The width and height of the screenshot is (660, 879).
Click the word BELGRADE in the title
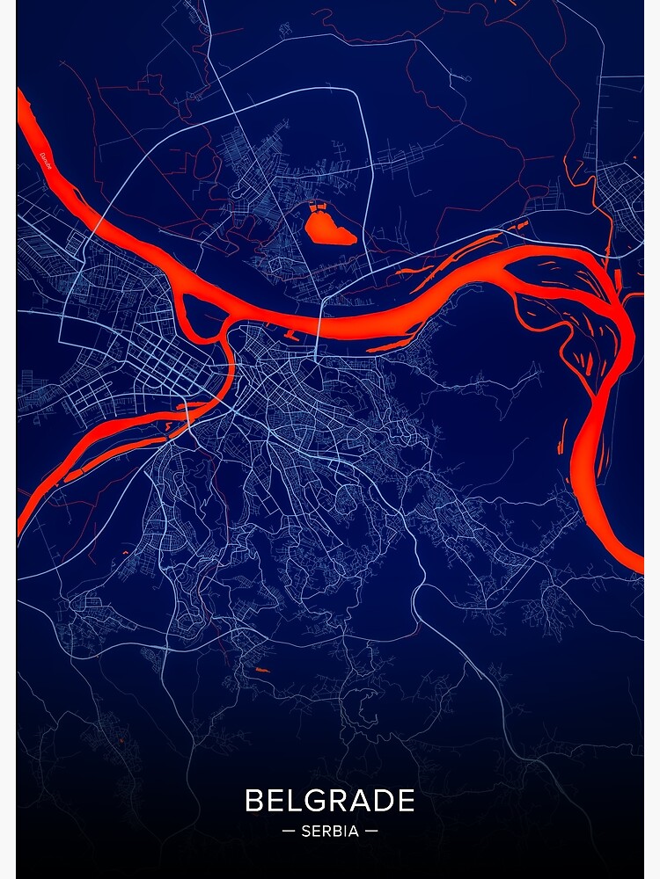(330, 801)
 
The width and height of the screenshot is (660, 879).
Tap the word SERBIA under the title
(330, 831)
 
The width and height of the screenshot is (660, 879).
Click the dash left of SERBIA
(289, 831)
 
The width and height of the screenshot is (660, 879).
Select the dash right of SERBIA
(371, 831)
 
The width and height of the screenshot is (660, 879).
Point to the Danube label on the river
(45, 162)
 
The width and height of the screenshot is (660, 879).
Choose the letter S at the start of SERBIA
(305, 831)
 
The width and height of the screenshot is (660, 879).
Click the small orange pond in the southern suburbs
(260, 671)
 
